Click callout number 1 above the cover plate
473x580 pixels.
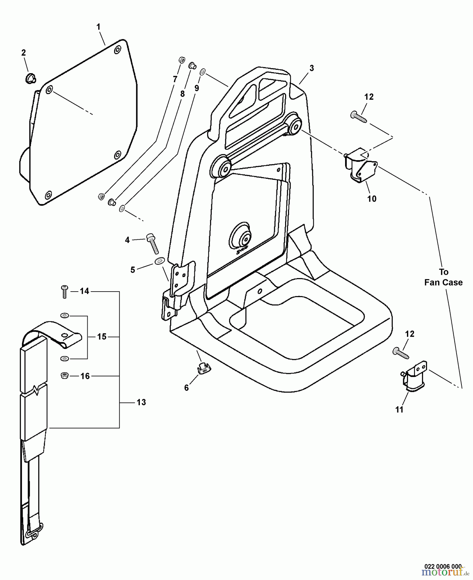[99, 27]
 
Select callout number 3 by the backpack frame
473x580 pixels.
[311, 68]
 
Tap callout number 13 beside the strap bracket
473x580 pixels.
[141, 402]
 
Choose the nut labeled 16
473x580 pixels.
[64, 375]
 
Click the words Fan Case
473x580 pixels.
[443, 283]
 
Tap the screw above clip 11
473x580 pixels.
[401, 353]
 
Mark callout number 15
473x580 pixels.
[102, 336]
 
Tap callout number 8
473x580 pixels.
[182, 94]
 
